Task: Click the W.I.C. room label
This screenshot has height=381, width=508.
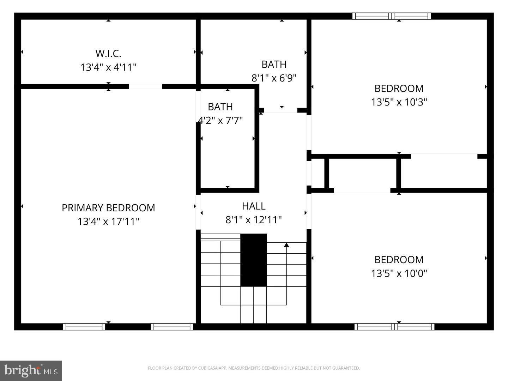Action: coord(108,54)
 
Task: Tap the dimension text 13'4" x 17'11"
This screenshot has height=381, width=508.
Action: coord(108,222)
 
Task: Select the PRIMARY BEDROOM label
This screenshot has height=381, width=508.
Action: coord(108,208)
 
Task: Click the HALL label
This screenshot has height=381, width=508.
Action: coord(254,206)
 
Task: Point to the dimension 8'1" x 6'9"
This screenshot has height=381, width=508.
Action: coord(274,78)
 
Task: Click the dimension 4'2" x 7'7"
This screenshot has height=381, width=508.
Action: coord(220,121)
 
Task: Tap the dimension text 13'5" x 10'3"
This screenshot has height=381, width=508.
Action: coord(399,102)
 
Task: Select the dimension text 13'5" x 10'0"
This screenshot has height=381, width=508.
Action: coord(399,273)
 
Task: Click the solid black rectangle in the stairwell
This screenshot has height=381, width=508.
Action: coord(253,260)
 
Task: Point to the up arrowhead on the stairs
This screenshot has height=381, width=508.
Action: coord(286,245)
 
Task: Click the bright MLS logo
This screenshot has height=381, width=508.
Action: coord(31,370)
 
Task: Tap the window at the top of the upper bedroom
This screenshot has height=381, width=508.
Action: coord(392,16)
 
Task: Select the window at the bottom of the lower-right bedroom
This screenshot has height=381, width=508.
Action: coord(394,327)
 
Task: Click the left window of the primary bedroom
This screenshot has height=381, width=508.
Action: coord(84,327)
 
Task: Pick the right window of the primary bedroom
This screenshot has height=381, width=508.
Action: coord(172,327)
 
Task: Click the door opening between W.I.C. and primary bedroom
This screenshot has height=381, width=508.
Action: coord(145,86)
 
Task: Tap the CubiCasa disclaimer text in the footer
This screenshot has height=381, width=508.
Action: coord(254,368)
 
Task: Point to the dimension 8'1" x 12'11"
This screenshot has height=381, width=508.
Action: coord(254,220)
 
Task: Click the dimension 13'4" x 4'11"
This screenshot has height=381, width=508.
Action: coord(108,67)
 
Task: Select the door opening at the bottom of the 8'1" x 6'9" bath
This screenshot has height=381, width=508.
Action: coord(280,110)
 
